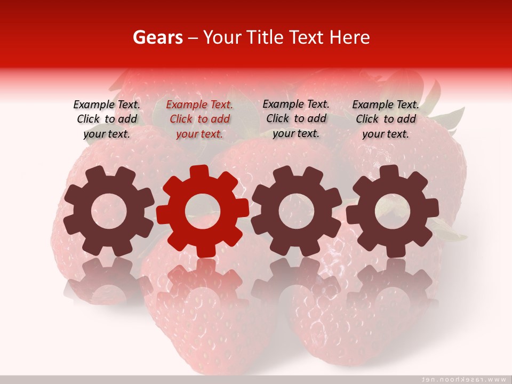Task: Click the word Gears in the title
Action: [157, 37]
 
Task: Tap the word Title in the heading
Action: [265, 37]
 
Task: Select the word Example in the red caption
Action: [186, 105]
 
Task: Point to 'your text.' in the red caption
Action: [199, 134]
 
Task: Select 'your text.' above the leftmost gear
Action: [107, 134]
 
